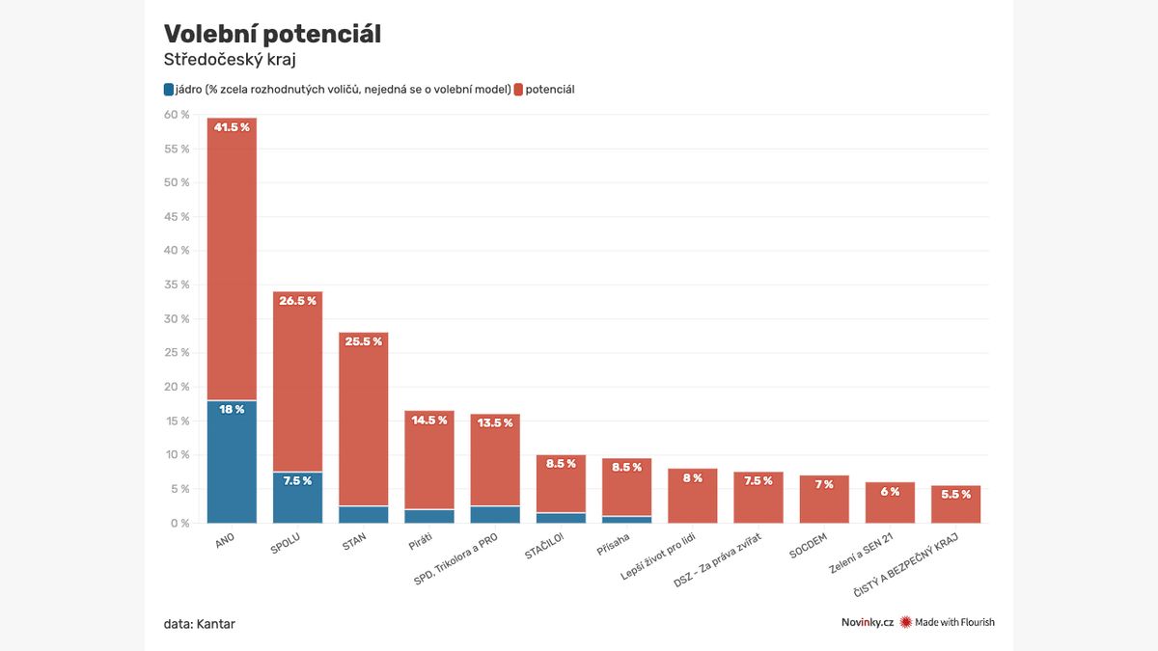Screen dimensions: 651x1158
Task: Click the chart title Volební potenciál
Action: (272, 34)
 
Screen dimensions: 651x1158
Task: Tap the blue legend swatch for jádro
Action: (169, 90)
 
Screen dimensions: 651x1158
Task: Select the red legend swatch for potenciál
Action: (518, 90)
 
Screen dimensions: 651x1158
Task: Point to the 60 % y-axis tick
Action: (177, 115)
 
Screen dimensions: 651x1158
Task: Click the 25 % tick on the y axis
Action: (177, 353)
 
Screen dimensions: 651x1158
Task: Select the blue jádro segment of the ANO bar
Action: (232, 462)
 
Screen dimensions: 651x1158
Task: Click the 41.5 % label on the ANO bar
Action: (232, 127)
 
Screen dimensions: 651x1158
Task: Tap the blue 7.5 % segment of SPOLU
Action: (297, 498)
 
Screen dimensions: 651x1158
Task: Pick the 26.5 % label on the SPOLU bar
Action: (297, 301)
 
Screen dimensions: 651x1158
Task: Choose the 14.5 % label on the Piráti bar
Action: (429, 420)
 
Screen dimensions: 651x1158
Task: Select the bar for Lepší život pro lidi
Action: (693, 496)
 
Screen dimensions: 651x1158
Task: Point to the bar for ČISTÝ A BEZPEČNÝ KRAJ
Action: (955, 504)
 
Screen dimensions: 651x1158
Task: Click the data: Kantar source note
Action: (199, 624)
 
